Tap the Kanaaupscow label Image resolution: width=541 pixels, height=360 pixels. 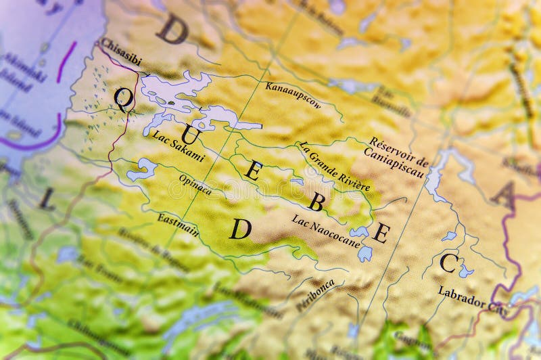click(293, 95)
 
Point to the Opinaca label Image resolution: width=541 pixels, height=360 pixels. click(195, 184)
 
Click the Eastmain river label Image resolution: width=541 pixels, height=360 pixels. click(178, 224)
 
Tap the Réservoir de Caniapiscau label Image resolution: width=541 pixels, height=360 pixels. click(398, 156)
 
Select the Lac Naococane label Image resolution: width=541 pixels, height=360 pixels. click(325, 231)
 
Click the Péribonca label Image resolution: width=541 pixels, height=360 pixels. click(315, 296)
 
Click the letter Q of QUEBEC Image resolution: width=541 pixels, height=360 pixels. click(123, 99)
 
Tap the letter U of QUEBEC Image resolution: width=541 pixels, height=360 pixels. click(190, 135)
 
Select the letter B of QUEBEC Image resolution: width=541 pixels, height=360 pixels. click(316, 201)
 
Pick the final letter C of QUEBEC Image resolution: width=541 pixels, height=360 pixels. click(448, 263)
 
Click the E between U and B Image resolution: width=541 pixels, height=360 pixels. click(253, 170)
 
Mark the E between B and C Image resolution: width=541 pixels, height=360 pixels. click(381, 233)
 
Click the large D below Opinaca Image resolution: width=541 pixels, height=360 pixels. click(240, 229)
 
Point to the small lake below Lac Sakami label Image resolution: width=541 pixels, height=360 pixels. click(141, 169)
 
